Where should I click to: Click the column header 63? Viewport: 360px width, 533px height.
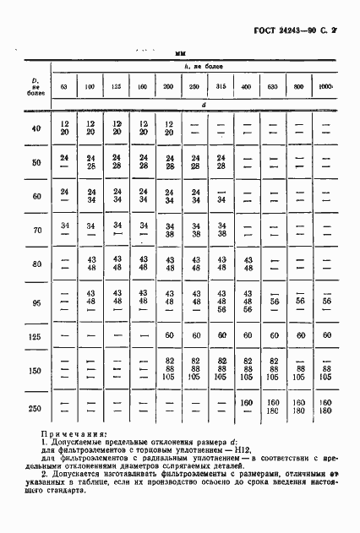point(63,87)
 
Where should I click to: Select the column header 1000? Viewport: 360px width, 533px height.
point(326,87)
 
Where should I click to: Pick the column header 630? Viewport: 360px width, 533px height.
point(274,87)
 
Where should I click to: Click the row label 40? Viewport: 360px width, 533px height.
point(35,128)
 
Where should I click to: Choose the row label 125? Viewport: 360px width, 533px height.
point(35,335)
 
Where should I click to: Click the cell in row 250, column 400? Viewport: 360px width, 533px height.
point(248,404)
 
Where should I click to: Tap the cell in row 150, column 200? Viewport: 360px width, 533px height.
point(169,371)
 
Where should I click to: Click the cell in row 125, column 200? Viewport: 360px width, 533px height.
point(169,335)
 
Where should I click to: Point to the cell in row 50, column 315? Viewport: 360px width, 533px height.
point(221,161)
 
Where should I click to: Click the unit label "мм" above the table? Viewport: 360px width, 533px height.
point(180,53)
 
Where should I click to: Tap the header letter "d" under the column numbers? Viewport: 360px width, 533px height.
point(194,106)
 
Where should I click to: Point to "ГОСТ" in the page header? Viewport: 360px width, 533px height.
point(267,31)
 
